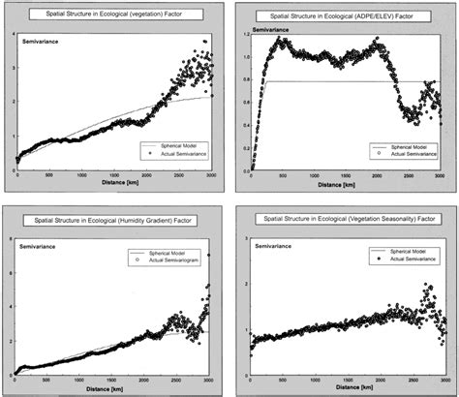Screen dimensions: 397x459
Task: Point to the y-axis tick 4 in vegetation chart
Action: pyautogui.click(x=11, y=35)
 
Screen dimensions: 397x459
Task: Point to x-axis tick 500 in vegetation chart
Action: pyautogui.click(x=48, y=176)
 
